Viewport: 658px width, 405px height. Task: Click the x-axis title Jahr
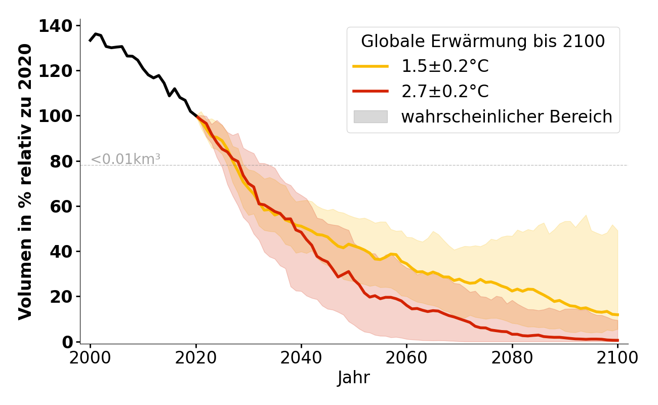[354, 378]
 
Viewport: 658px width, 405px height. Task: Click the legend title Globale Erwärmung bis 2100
[483, 42]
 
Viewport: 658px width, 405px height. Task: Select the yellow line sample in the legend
[371, 66]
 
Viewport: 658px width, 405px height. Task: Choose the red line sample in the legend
[371, 91]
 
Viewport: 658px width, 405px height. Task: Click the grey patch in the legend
[371, 116]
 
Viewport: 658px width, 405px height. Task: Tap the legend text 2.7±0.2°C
[445, 92]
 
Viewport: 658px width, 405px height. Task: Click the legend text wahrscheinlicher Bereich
[507, 117]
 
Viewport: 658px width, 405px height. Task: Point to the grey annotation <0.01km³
[126, 159]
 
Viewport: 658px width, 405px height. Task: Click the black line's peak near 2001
[96, 34]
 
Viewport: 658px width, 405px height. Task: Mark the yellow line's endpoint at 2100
[618, 315]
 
